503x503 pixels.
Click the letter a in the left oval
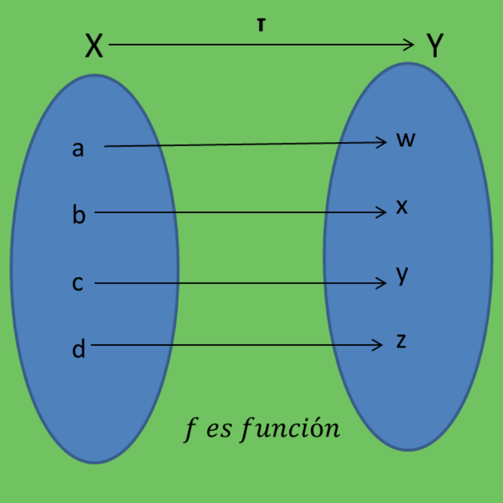[x=78, y=149]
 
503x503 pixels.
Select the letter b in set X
[x=78, y=214]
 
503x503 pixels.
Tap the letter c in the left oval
[x=77, y=284]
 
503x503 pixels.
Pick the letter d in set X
[x=79, y=348]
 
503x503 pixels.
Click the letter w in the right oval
[x=405, y=140]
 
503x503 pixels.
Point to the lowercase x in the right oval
[x=402, y=207]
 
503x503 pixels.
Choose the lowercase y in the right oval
[x=402, y=276]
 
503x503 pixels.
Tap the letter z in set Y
[x=401, y=341]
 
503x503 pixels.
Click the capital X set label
[x=94, y=47]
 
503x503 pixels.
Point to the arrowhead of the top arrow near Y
[x=410, y=45]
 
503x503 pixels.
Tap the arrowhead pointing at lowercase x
[x=382, y=212]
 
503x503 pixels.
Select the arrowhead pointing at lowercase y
[x=382, y=283]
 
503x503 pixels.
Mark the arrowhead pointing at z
[x=379, y=345]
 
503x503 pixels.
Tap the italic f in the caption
[x=191, y=430]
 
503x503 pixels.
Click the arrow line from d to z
[x=236, y=345]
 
